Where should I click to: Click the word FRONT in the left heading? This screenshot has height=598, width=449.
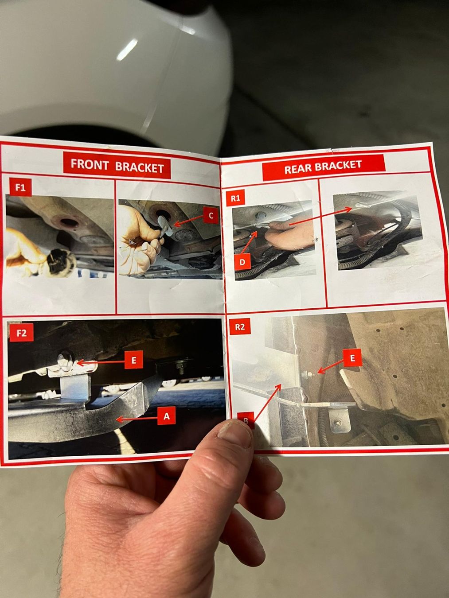(x=90, y=164)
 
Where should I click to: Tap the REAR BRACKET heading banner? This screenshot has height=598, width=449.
(x=324, y=167)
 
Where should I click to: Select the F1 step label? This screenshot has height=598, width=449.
(x=20, y=187)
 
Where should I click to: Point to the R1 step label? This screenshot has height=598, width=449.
(x=235, y=198)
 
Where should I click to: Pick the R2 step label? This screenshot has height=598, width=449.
(x=239, y=326)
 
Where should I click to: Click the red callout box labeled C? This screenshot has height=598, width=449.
(x=211, y=216)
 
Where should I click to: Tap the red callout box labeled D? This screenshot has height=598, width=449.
(x=242, y=262)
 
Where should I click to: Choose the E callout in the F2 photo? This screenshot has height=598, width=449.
(x=133, y=360)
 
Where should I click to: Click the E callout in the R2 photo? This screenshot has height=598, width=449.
(x=352, y=358)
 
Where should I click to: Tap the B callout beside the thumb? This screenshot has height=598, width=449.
(x=246, y=420)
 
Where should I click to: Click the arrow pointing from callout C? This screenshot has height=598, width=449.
(x=188, y=221)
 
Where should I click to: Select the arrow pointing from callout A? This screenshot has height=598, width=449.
(x=137, y=419)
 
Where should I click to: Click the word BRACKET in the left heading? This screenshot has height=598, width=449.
(x=140, y=167)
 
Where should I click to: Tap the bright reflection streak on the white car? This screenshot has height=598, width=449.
(x=127, y=49)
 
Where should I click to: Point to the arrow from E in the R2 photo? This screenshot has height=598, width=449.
(x=331, y=366)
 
